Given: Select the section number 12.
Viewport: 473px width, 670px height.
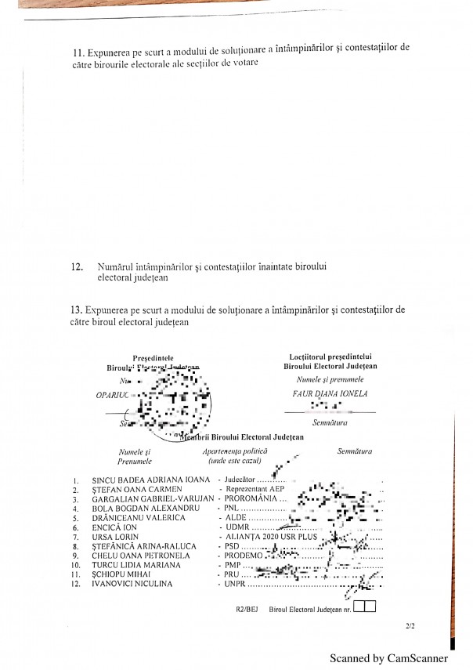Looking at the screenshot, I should point(77,266).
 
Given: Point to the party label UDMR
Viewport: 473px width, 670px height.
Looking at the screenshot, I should point(236,527).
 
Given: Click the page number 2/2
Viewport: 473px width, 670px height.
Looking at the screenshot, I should point(410,626).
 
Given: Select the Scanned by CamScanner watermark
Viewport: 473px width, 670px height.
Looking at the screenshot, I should point(388,658).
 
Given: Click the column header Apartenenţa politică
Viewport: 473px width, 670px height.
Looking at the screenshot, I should point(235,452).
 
